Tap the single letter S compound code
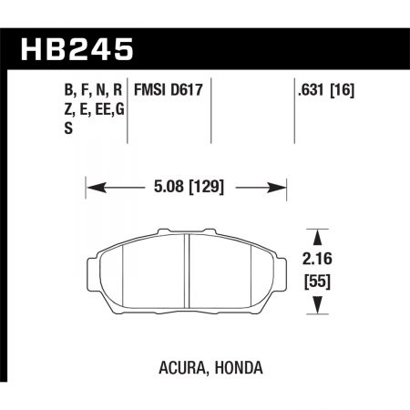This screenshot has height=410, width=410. point(46,128)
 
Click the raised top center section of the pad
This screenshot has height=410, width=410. point(186,232)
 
